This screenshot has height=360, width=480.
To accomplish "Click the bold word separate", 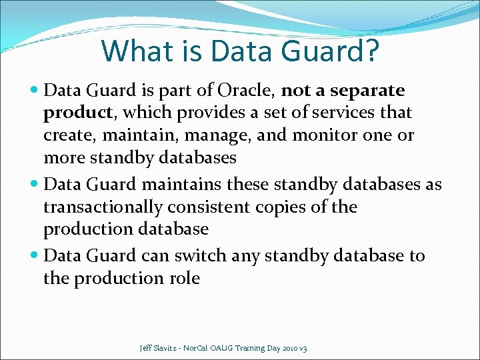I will click(x=367, y=91).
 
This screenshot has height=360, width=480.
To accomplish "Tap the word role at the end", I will click(x=185, y=279).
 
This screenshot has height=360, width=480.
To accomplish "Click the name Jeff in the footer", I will click(x=147, y=348).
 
